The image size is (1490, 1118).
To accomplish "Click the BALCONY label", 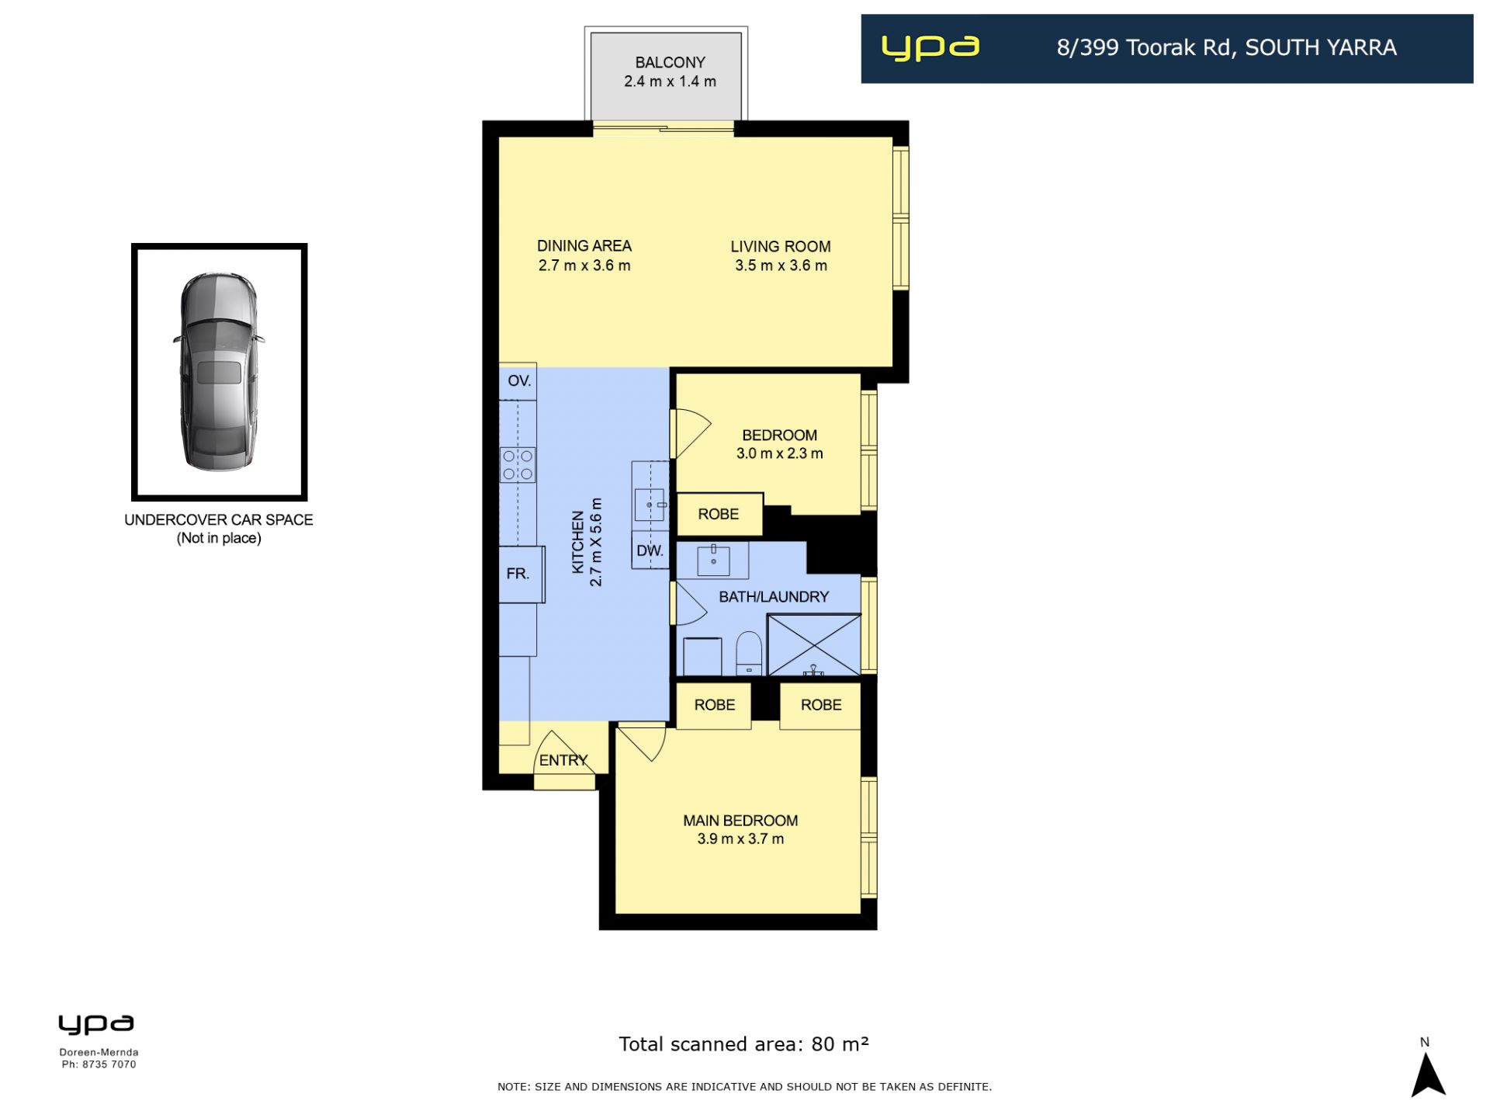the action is [x=670, y=62].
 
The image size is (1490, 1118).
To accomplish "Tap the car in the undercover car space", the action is [x=219, y=371].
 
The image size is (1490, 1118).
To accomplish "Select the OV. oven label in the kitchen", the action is [x=519, y=380].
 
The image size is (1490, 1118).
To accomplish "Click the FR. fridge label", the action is [x=518, y=574].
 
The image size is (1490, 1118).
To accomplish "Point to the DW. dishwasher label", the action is [x=650, y=551].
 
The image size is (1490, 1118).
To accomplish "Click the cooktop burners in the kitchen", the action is [x=518, y=464].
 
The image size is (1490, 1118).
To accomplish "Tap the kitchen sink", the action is [x=650, y=504].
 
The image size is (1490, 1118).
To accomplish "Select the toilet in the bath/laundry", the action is [x=749, y=653].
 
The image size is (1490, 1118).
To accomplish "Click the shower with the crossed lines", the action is [x=813, y=644].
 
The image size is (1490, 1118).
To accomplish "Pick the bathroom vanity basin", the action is [x=713, y=560].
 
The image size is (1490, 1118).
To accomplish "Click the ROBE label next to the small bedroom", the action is [x=718, y=514].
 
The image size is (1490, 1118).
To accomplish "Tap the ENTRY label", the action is [x=563, y=760].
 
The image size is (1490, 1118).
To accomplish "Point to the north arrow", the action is [x=1427, y=1075].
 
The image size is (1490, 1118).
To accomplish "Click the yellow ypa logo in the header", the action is [x=930, y=47].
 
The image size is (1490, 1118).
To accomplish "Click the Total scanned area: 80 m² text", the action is [x=743, y=1044].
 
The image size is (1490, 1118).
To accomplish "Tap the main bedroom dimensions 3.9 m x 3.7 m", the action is [x=740, y=838].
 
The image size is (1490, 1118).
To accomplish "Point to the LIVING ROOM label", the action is [x=780, y=246].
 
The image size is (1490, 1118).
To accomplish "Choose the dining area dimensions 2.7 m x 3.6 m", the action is [x=584, y=266].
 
